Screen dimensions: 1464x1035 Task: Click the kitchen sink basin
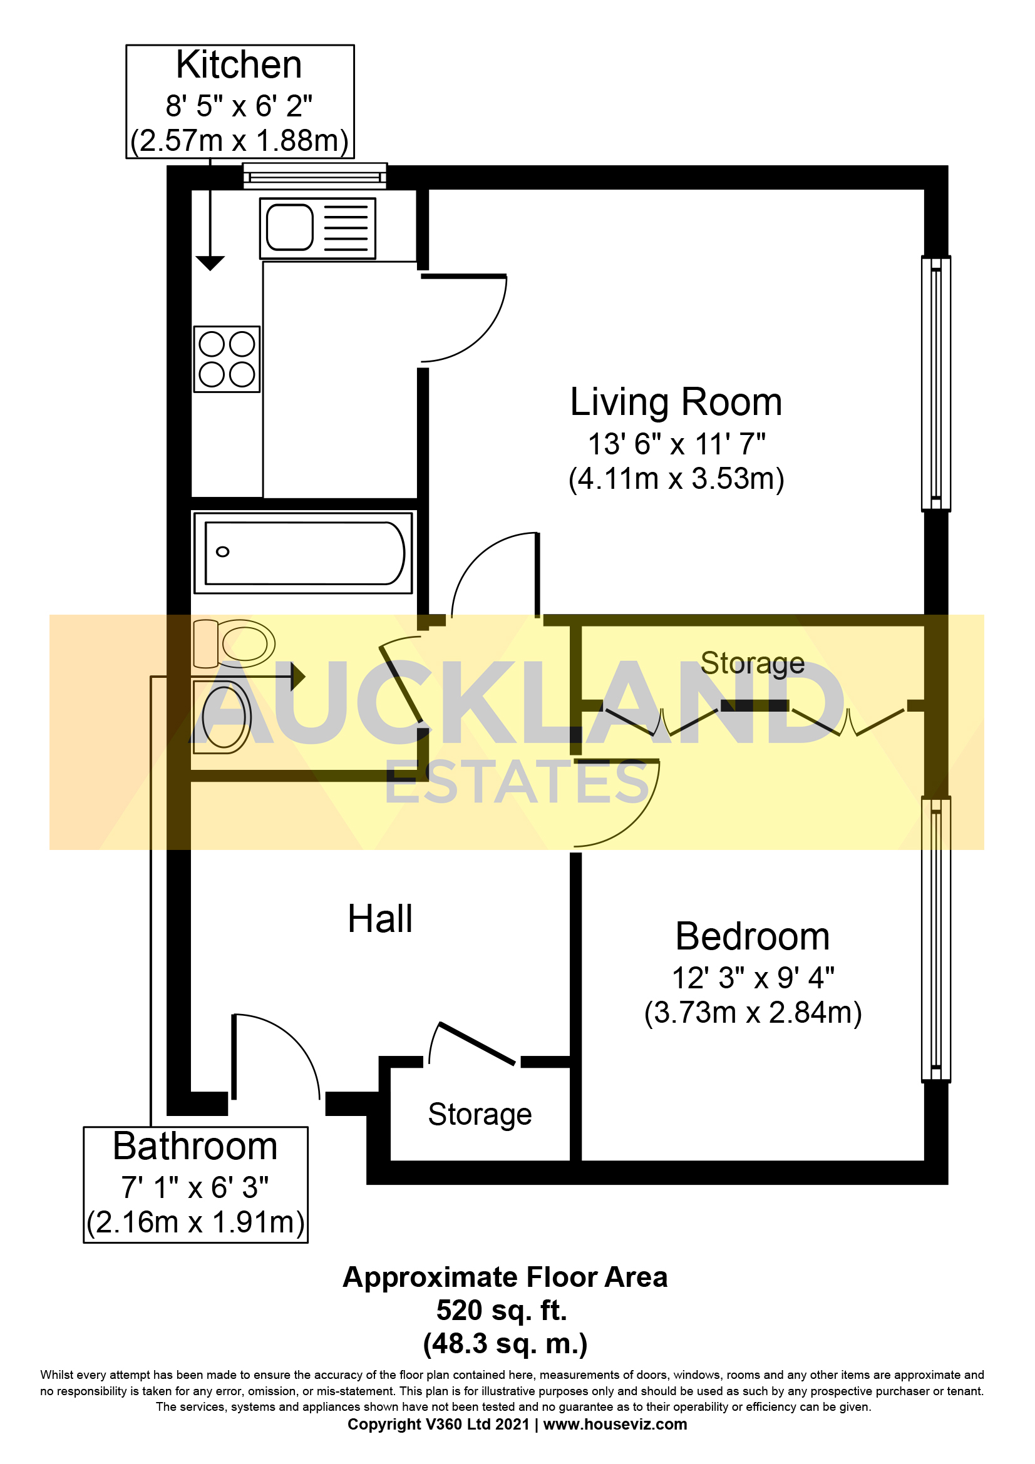[x=289, y=227]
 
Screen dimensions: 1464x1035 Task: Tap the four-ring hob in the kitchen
[x=227, y=359]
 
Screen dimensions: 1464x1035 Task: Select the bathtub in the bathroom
[x=304, y=553]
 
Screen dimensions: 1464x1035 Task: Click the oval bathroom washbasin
[x=223, y=717]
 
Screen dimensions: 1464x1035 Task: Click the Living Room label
[x=676, y=402]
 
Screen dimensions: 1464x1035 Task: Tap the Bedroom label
[x=752, y=937]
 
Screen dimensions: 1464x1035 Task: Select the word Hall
[x=380, y=919]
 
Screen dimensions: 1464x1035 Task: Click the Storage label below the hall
[x=480, y=1114]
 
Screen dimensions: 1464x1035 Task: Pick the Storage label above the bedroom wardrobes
[x=752, y=662]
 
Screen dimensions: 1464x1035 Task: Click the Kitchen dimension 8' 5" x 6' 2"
[x=239, y=106]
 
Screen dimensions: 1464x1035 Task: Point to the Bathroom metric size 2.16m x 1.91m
[x=196, y=1222]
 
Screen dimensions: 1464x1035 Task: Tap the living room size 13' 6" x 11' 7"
[x=676, y=444]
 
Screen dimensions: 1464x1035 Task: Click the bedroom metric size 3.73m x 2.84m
[x=753, y=1013]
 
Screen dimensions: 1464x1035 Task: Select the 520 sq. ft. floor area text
[x=502, y=1309]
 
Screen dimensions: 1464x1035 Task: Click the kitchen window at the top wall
[x=315, y=175]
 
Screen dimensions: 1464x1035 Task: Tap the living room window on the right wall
[x=935, y=383]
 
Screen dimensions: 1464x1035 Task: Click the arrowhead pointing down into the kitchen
[x=210, y=262]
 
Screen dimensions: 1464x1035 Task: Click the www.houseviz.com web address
[x=615, y=1424]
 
